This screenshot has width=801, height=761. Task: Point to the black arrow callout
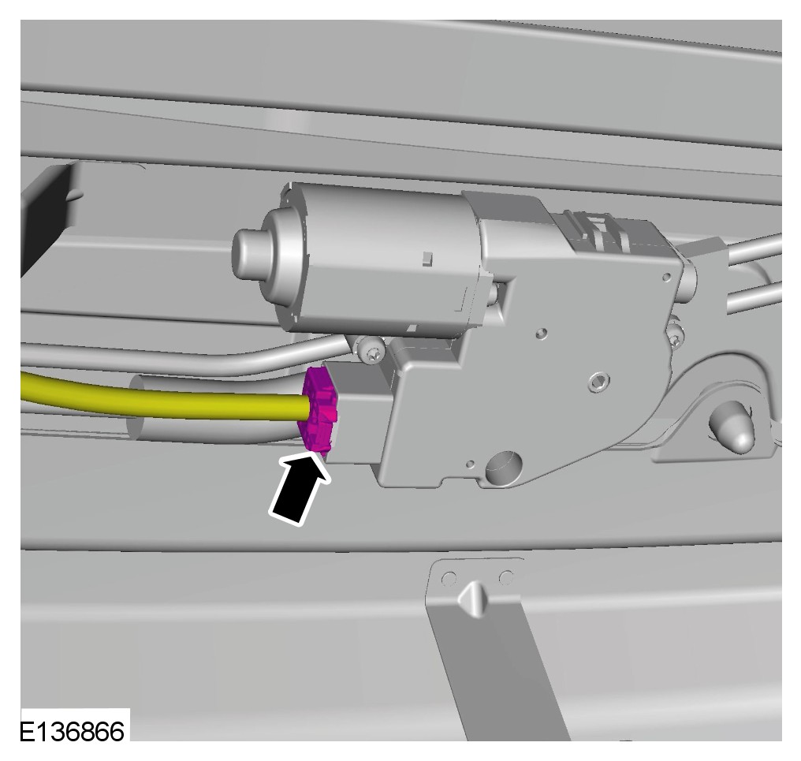pyautogui.click(x=300, y=489)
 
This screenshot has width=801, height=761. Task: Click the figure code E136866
pyautogui.click(x=72, y=732)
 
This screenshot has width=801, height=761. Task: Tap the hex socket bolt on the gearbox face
pyautogui.click(x=598, y=380)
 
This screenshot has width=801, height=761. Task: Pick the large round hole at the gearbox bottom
pyautogui.click(x=504, y=466)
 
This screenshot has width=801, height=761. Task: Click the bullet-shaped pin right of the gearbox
pyautogui.click(x=731, y=425)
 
